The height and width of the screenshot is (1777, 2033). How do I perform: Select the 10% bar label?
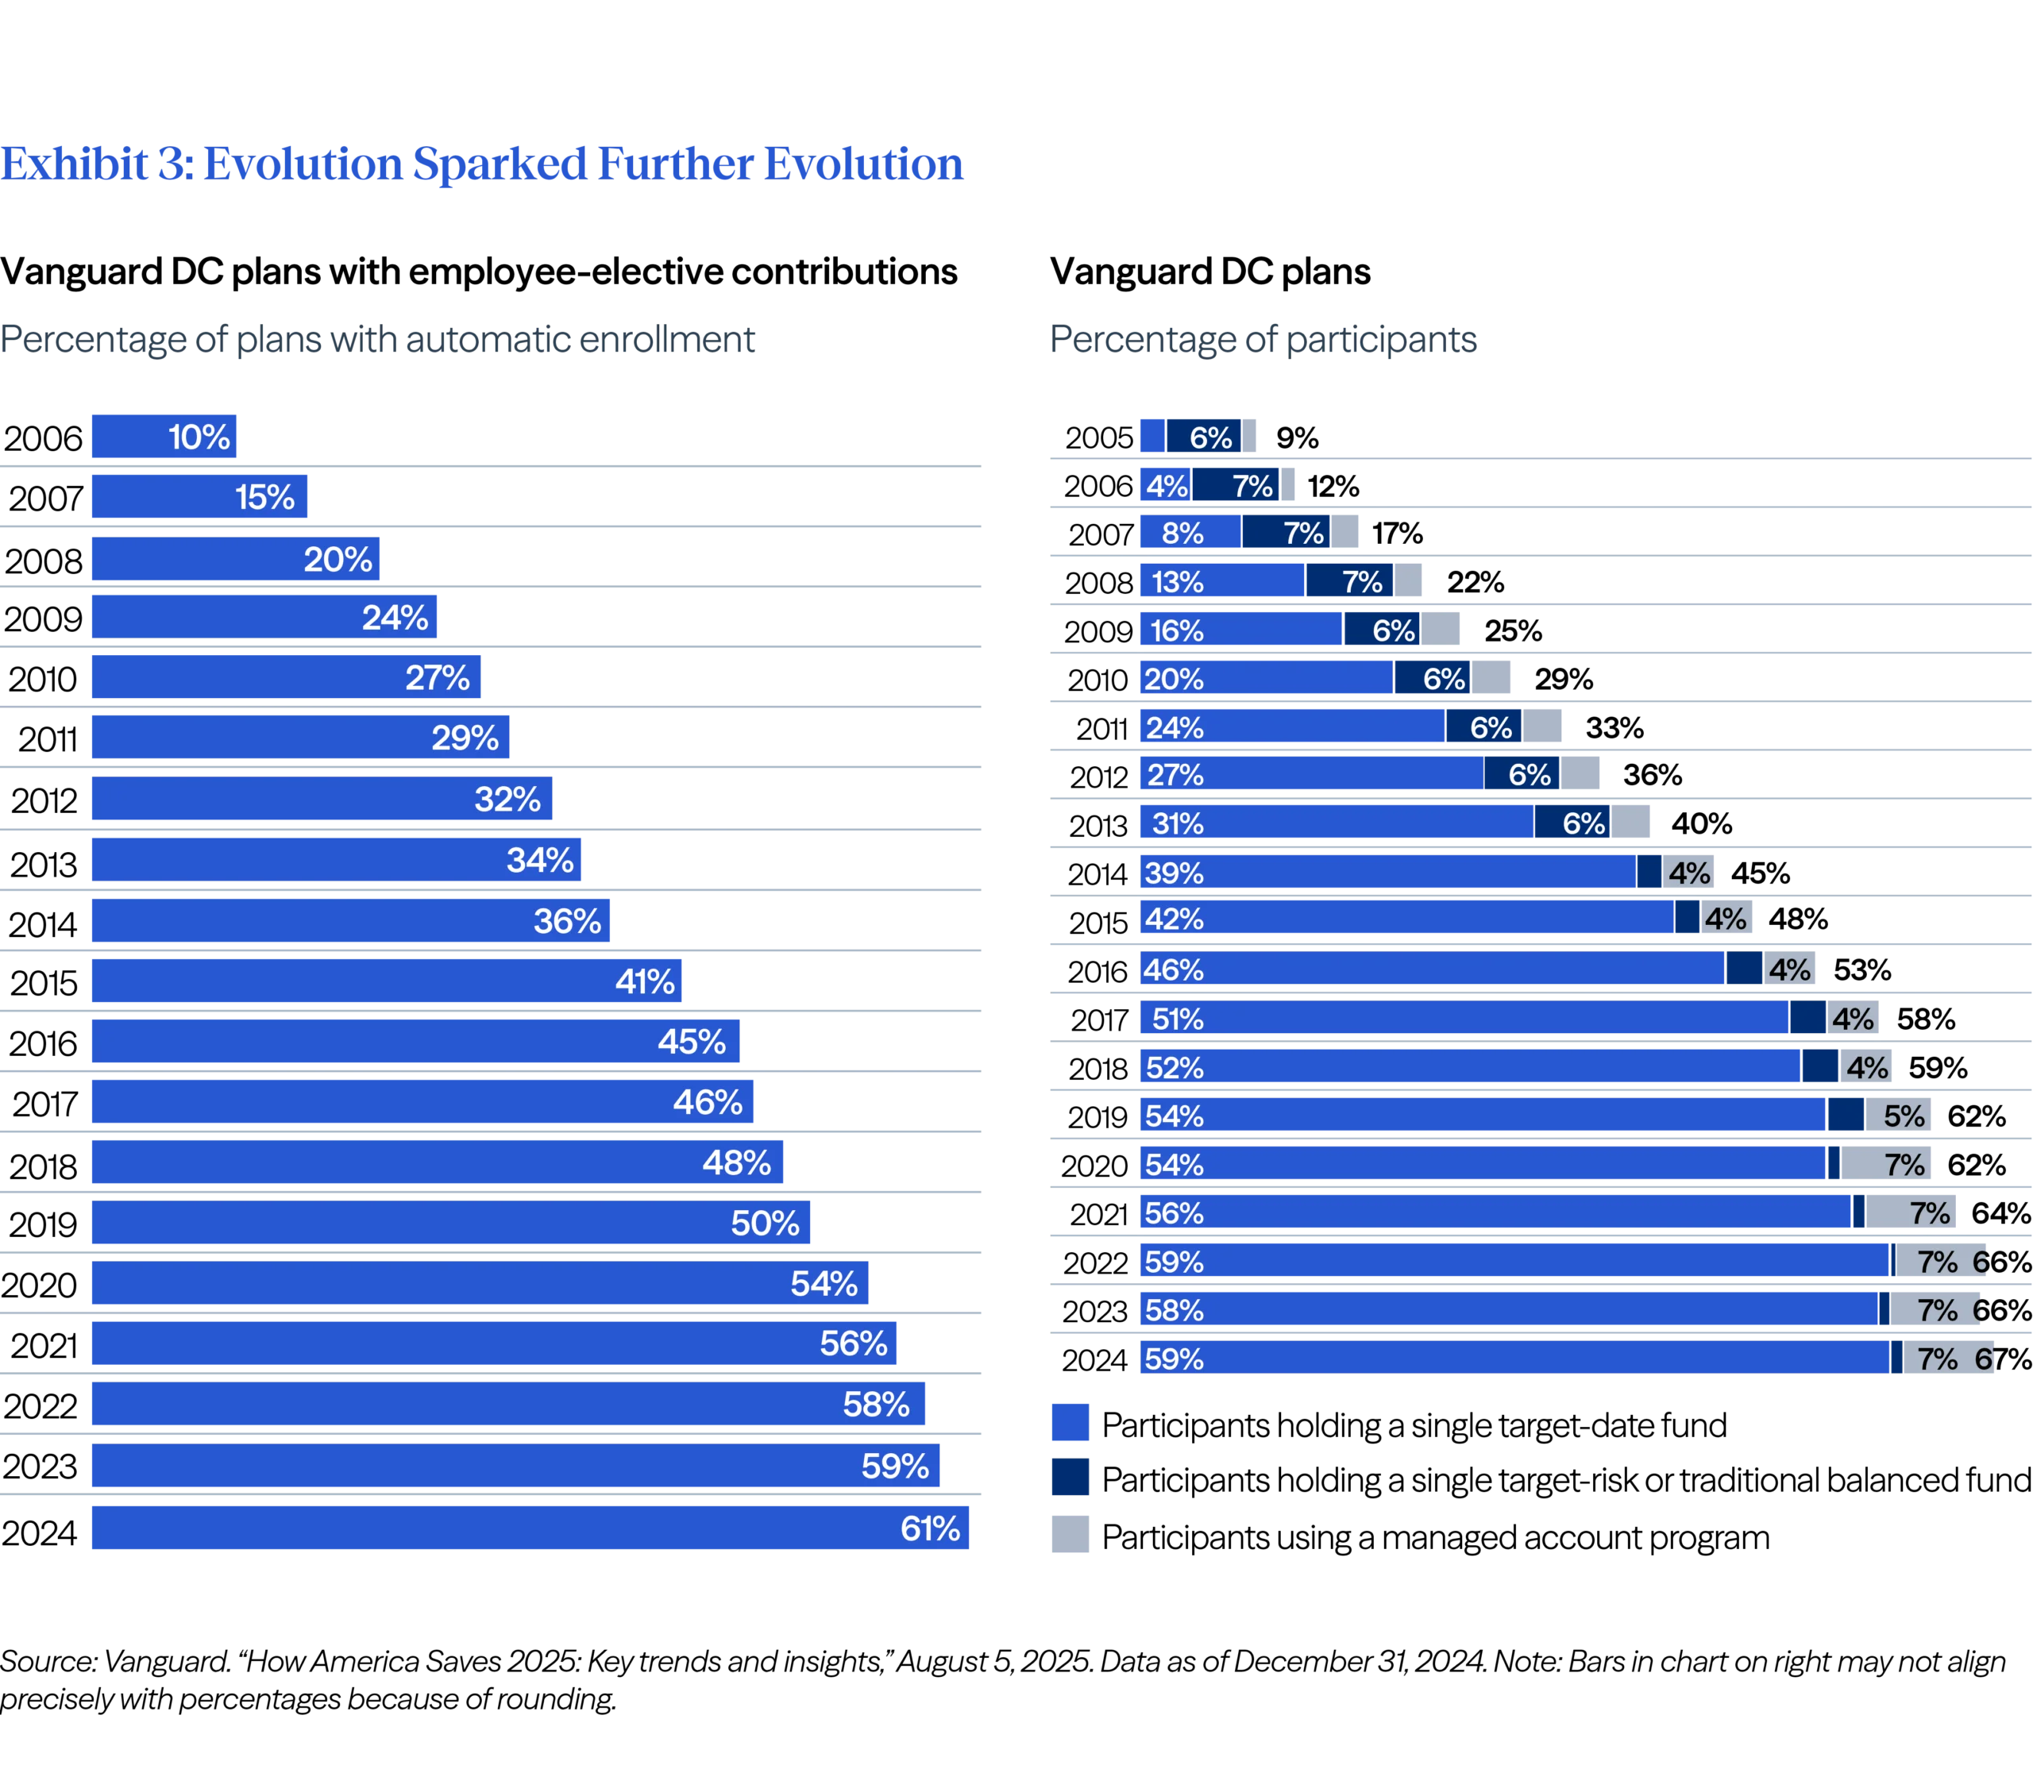199,438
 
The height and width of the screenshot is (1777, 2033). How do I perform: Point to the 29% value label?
464,738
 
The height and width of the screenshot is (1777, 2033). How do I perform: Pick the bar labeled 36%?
351,921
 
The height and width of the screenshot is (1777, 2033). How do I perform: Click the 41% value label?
645,981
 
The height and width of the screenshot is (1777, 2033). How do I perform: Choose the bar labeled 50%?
450,1223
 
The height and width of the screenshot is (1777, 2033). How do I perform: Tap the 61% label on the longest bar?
929,1528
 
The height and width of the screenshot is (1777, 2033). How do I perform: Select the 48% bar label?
736,1162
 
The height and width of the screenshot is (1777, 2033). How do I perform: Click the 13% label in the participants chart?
1177,582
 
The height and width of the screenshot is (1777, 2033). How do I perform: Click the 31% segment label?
1177,823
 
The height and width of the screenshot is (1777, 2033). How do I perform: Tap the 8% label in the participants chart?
1182,534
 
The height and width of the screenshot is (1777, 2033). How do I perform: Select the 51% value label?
1177,1019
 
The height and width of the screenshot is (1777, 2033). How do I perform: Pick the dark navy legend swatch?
1070,1477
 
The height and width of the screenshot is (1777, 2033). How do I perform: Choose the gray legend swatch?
1070,1533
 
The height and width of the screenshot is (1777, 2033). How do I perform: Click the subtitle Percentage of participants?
1263,341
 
